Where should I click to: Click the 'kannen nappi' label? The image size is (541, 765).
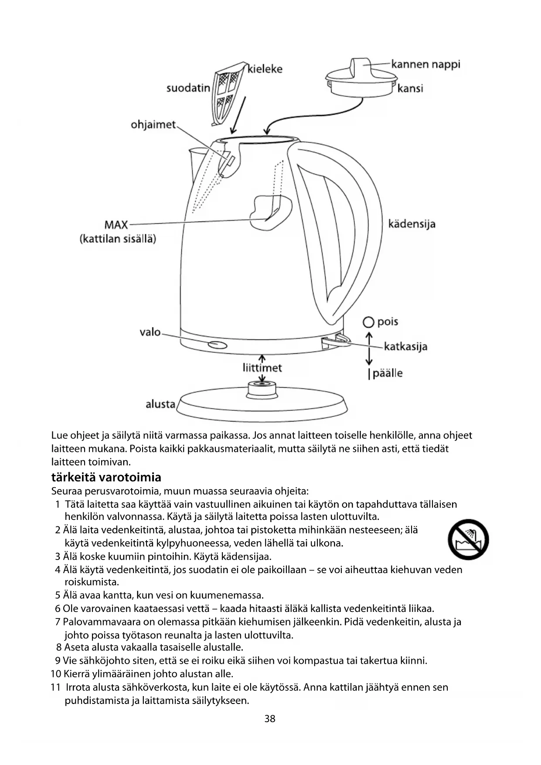(x=425, y=65)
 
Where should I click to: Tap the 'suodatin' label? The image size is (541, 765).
(x=188, y=88)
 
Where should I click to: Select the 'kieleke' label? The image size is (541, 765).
(x=265, y=69)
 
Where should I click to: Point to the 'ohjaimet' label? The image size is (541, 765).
(x=153, y=125)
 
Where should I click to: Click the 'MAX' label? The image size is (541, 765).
(x=116, y=225)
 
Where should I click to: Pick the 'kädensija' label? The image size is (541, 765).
(x=412, y=224)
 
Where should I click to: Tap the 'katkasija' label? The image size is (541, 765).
(x=405, y=347)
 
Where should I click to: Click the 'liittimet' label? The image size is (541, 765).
(x=262, y=368)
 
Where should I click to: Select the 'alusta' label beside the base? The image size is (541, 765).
(x=160, y=404)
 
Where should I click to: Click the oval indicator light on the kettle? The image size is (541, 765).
(x=218, y=345)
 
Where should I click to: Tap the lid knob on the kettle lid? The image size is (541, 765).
(x=361, y=68)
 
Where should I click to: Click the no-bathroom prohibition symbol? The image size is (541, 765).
(x=468, y=540)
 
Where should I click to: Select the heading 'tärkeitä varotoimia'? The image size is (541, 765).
(x=106, y=477)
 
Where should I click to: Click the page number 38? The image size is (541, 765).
(x=270, y=719)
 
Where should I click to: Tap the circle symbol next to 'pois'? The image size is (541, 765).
(x=369, y=322)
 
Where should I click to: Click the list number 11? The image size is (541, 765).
(x=55, y=687)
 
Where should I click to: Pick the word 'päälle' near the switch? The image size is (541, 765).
(x=388, y=373)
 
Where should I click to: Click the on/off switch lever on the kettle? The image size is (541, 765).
(x=338, y=342)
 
